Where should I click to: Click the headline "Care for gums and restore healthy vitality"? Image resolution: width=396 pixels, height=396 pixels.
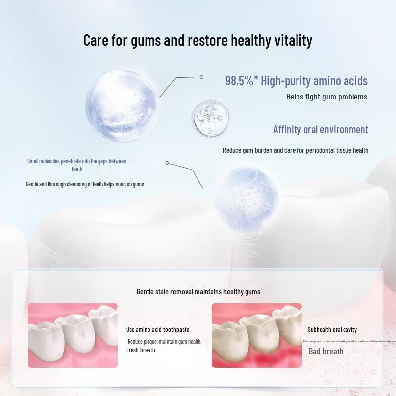pyautogui.click(x=198, y=40)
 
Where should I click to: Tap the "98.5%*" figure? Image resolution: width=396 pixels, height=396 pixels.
pyautogui.click(x=241, y=81)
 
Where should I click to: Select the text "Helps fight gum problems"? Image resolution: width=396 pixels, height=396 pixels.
pyautogui.click(x=327, y=97)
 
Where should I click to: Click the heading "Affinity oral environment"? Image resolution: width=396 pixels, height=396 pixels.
pyautogui.click(x=321, y=130)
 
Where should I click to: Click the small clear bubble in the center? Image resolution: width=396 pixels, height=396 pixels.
pyautogui.click(x=210, y=117)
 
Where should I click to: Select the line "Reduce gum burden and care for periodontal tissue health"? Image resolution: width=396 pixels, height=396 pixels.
pyautogui.click(x=296, y=150)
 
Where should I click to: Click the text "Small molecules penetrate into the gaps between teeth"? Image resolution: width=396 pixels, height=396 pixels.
pyautogui.click(x=77, y=165)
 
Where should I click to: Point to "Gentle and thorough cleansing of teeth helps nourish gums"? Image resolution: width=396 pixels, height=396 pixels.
pyautogui.click(x=85, y=184)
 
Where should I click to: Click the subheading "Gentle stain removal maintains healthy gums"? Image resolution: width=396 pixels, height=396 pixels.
pyautogui.click(x=198, y=292)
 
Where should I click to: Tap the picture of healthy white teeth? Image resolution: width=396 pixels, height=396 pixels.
pyautogui.click(x=73, y=335)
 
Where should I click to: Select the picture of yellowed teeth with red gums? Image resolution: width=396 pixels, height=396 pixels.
pyautogui.click(x=256, y=335)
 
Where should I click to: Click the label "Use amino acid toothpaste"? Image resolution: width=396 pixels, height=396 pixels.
pyautogui.click(x=157, y=330)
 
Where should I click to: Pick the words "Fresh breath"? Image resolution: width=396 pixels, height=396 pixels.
pyautogui.click(x=141, y=350)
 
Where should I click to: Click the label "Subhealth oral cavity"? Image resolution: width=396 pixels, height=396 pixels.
pyautogui.click(x=332, y=330)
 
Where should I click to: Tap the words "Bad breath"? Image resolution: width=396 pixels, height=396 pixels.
pyautogui.click(x=326, y=351)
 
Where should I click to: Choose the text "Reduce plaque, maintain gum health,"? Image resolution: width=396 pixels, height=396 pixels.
pyautogui.click(x=164, y=342)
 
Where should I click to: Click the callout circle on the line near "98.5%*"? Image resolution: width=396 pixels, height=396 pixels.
pyautogui.click(x=202, y=77)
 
